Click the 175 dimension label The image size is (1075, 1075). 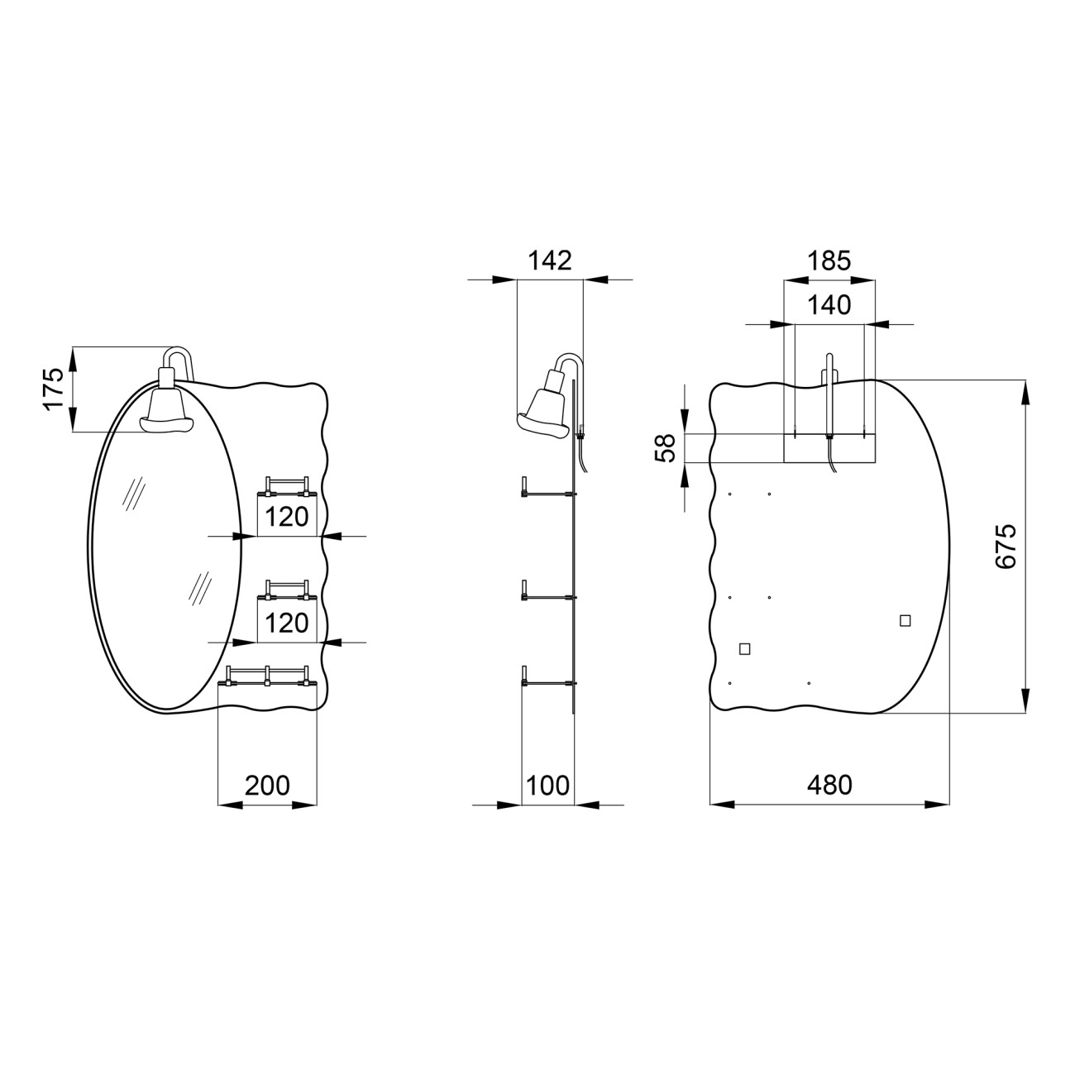54,389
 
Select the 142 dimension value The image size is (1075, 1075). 550,260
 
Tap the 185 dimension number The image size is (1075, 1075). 829,260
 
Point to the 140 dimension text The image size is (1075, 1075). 829,305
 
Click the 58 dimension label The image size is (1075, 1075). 665,448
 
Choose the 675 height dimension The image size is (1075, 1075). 1006,546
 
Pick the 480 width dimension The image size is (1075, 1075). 829,786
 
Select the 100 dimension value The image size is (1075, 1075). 547,786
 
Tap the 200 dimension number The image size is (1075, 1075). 267,786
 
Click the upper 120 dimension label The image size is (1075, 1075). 286,517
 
